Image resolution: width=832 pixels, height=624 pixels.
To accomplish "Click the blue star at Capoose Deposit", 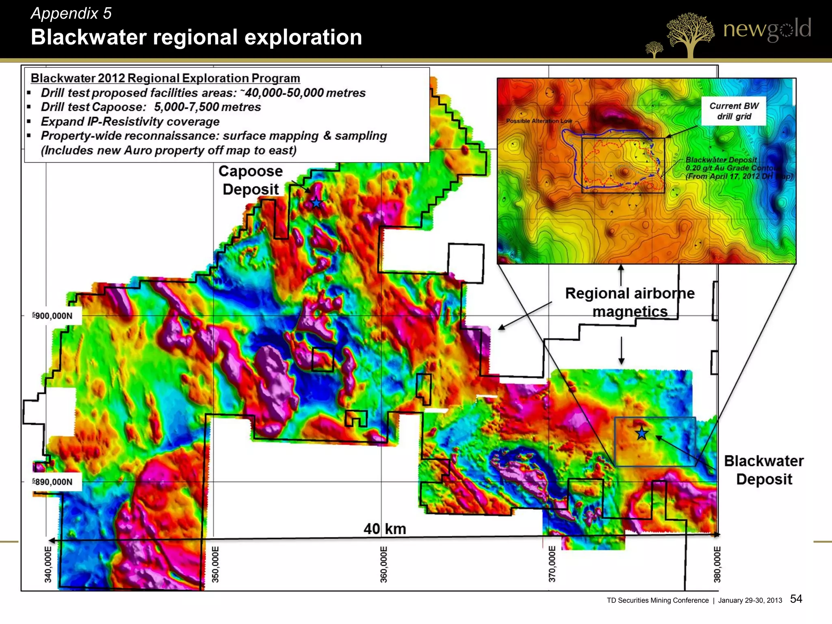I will (316, 202).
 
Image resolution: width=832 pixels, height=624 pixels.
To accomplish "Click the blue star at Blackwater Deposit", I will (641, 433).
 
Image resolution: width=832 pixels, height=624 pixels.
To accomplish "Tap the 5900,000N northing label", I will (52, 316).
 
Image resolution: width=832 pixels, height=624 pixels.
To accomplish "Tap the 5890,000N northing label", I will (52, 482).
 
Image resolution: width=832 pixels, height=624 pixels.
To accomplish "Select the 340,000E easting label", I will (48, 564).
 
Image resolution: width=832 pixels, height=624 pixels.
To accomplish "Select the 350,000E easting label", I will (216, 564).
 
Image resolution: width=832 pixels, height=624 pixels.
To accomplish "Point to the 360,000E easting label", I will (383, 564).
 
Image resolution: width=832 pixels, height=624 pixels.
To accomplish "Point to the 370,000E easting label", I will (552, 564).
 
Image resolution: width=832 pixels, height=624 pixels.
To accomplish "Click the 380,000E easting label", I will (717, 564).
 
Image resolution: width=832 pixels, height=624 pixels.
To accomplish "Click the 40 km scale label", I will (385, 529).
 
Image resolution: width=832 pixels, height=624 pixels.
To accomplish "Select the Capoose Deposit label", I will (251, 180).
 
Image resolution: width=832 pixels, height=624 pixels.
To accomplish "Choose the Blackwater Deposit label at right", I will (764, 470).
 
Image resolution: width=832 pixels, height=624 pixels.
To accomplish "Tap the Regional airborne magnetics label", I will (630, 302).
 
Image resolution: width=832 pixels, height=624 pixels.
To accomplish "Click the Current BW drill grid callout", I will (734, 111).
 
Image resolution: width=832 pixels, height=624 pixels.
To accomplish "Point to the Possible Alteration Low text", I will (539, 121).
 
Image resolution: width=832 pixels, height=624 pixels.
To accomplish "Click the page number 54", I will (796, 599).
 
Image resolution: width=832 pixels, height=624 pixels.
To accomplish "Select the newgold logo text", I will (767, 29).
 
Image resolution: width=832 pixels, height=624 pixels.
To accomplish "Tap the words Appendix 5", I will (71, 13).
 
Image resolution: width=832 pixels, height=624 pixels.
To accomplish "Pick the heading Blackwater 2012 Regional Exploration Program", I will (165, 78).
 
